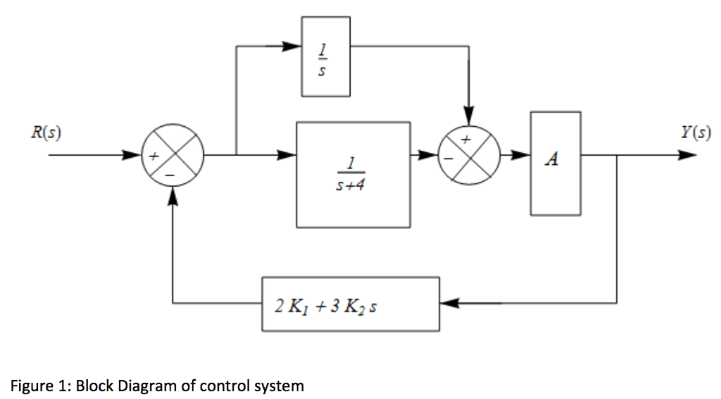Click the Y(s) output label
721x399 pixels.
point(695,133)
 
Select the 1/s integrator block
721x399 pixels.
point(325,56)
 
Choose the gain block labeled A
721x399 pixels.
point(556,163)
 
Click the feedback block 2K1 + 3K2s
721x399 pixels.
point(350,305)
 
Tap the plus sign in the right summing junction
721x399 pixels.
point(465,140)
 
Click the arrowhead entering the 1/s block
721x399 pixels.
point(293,47)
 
